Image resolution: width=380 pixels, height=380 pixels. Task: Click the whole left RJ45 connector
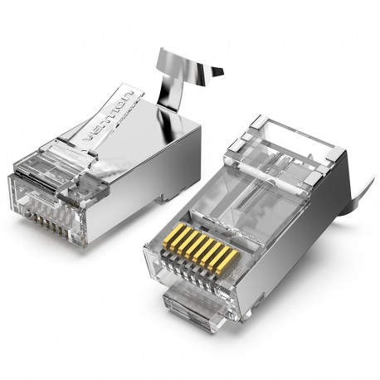click(x=108, y=166)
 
